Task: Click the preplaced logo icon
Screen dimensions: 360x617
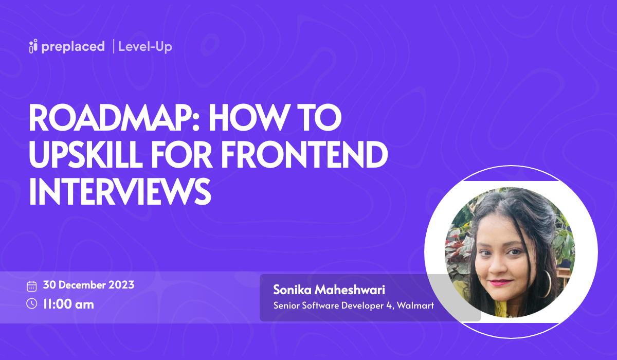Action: [34, 46]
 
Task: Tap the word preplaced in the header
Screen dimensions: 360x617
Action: [74, 46]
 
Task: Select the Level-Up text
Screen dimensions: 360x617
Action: [145, 46]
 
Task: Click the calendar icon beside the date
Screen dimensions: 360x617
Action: [32, 286]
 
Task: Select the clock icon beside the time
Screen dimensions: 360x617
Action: [32, 303]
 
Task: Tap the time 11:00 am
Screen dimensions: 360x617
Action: [68, 304]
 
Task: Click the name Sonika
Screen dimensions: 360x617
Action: [292, 290]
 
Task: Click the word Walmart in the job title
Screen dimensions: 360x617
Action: [416, 305]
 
